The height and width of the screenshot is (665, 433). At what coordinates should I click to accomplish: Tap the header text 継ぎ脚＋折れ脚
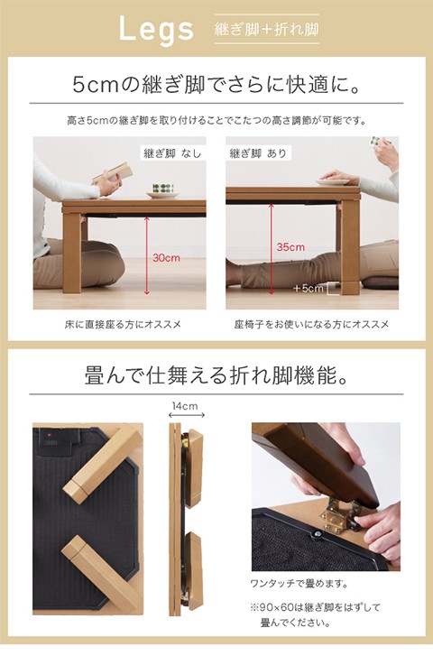(266, 30)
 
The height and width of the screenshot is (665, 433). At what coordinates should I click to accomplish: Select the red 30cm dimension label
(166, 258)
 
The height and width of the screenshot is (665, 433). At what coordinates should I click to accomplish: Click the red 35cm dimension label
(290, 247)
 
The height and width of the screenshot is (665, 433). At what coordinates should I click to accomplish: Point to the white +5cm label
(309, 289)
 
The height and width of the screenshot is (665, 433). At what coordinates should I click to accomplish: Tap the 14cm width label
(185, 406)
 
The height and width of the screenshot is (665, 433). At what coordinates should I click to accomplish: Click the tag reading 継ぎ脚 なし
(172, 153)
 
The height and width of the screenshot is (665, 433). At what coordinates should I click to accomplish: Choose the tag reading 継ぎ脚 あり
(258, 153)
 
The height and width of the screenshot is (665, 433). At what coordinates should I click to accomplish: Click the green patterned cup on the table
(163, 189)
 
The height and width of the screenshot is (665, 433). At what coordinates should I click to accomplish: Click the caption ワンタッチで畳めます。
(299, 584)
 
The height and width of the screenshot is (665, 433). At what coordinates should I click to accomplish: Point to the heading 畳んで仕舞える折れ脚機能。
(216, 375)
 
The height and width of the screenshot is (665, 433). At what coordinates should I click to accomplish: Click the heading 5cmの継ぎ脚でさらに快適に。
(216, 85)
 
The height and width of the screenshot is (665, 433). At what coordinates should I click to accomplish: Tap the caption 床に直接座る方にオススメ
(123, 325)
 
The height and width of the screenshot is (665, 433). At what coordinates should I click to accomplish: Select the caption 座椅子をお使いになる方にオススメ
(312, 325)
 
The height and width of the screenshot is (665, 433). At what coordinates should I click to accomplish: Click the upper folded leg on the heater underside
(103, 466)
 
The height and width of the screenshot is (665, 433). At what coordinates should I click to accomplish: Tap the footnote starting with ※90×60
(316, 615)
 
